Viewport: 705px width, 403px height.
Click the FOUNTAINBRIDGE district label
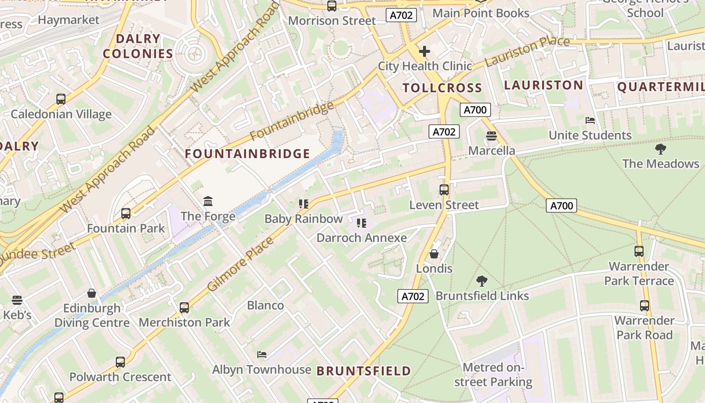tap(247, 154)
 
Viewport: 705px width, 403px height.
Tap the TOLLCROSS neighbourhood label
tap(442, 88)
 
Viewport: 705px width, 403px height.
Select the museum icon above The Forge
tap(208, 201)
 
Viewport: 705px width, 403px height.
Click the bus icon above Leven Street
tap(444, 190)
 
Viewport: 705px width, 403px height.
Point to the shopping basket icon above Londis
tap(434, 254)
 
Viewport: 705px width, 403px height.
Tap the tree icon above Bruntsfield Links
tap(481, 281)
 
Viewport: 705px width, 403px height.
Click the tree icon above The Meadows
tap(660, 149)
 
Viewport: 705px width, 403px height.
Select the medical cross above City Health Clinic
tap(425, 51)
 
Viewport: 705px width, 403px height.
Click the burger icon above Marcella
tap(491, 136)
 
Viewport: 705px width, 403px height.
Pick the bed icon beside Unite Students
tap(590, 120)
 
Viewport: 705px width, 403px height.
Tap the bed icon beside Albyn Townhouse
tap(261, 355)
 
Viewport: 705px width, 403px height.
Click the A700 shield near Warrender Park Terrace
tap(561, 205)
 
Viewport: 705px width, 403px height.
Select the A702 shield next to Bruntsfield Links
tap(413, 296)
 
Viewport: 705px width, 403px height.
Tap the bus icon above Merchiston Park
tap(184, 307)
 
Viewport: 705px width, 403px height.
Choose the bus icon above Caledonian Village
tap(61, 99)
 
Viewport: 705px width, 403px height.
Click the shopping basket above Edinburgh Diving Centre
tap(92, 293)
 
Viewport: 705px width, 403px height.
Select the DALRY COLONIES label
tap(138, 46)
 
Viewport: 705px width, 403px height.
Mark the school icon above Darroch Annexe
tap(361, 223)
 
